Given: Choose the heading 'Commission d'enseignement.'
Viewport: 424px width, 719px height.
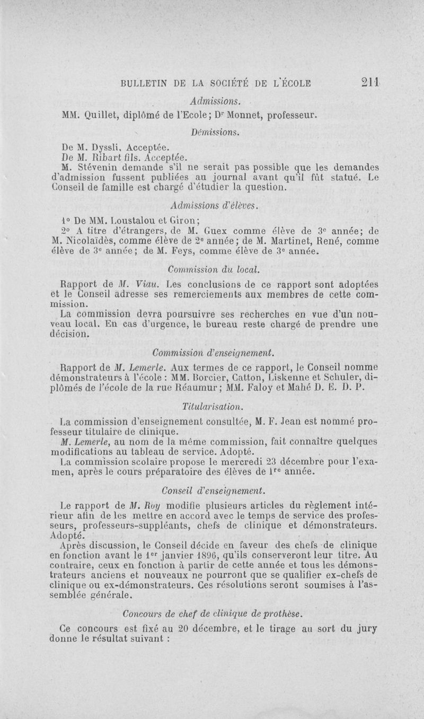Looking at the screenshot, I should pyautogui.click(x=213, y=353).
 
